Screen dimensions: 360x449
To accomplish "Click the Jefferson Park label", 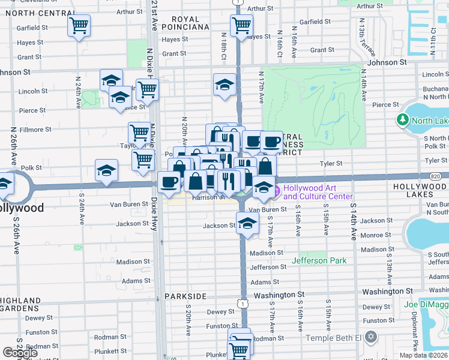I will coord(319,260).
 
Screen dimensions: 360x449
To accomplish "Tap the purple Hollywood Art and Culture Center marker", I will coord(277,192).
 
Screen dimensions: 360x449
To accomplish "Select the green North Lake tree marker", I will coord(402,121).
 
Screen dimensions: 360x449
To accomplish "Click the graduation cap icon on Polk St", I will coord(106,170).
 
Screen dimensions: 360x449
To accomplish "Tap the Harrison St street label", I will coord(208,197).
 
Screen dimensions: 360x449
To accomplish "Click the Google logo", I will coord(20,352).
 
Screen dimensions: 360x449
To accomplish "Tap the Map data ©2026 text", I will coord(423,355).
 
